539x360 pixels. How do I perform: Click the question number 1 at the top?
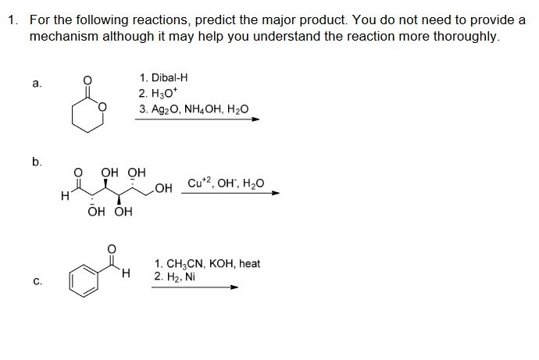pos(12,20)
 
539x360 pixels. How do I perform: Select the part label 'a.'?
pos(37,83)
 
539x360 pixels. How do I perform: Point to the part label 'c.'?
pos(37,281)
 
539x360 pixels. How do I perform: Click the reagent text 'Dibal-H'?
pos(170,77)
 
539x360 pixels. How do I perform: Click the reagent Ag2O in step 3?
pos(166,109)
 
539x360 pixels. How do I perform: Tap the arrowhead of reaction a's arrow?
pos(255,119)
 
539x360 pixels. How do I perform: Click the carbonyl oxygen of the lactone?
pos(87,80)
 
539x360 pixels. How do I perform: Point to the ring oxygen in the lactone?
pos(102,107)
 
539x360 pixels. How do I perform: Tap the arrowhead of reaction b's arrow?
pos(276,193)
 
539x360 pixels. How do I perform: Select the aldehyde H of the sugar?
pos(64,197)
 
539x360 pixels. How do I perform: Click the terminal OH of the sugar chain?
pos(163,188)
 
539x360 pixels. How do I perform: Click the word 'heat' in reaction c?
pos(249,263)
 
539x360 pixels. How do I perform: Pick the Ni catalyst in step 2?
pos(189,276)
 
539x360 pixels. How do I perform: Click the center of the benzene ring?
pos(84,280)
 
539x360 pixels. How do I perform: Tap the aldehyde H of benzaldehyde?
pos(126,273)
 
